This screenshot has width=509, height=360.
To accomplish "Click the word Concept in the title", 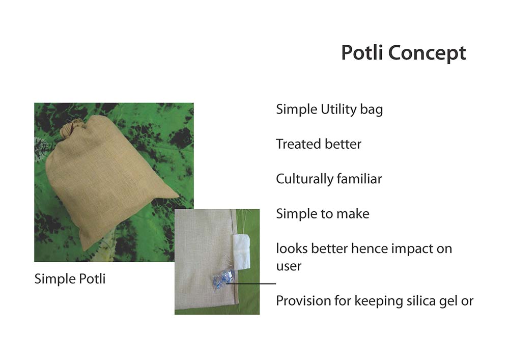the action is pos(427,53).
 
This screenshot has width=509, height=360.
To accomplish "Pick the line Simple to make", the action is pos(323,214).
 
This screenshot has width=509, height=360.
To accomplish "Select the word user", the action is pos(289,266).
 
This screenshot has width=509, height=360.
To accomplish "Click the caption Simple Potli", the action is pos(70,279).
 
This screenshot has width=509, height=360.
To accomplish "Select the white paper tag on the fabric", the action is pos(241,251).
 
